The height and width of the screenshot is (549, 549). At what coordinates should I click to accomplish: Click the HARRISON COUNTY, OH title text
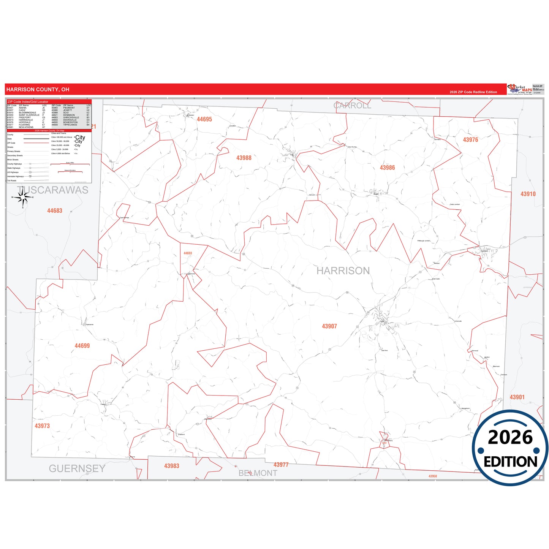coord(38,90)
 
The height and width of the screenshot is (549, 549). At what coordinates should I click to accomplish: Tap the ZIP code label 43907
coord(329,326)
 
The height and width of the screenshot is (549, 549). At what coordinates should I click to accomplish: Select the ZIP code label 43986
coord(387,168)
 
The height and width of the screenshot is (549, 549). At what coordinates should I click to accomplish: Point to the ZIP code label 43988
coord(244,158)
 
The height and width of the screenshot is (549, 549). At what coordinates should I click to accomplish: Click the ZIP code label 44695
coord(204,119)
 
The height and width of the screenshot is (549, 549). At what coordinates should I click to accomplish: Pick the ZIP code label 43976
coord(470,140)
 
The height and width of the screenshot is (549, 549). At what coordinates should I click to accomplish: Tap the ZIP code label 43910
coord(528,194)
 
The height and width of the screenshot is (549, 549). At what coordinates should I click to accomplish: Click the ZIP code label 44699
coord(82,346)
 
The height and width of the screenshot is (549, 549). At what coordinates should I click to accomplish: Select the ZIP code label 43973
coord(42,426)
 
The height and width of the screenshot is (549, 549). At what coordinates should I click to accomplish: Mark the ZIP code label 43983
coord(171,466)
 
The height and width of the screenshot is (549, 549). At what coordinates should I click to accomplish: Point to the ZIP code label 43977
coord(281,465)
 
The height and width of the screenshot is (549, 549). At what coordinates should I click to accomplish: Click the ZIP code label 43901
coord(517,397)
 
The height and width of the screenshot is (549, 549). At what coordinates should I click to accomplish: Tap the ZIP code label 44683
coord(54,210)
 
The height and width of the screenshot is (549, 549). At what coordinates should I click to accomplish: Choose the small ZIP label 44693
coord(188,253)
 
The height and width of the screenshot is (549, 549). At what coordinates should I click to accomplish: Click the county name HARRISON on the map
coord(343,271)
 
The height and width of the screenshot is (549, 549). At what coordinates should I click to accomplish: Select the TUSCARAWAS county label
coord(52,190)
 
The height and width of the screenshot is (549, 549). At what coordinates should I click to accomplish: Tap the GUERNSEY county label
coord(77,468)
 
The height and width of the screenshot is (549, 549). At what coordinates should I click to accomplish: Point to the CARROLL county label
coord(352,106)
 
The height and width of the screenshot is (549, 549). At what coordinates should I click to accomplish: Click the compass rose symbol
coord(23,198)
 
